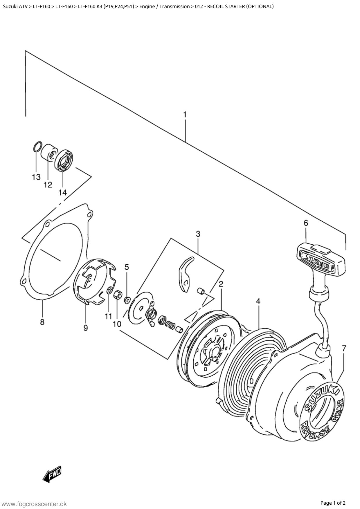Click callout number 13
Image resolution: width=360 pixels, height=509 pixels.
(36, 177)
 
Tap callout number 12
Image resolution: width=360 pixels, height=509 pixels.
(48, 185)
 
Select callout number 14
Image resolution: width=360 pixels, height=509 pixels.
(62, 192)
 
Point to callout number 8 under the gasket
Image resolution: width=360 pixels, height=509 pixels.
(42, 322)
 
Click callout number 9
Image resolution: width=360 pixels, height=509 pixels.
(86, 328)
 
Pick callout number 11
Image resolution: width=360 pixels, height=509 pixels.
(108, 316)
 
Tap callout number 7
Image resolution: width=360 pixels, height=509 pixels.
(344, 348)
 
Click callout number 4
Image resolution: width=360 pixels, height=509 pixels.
(258, 301)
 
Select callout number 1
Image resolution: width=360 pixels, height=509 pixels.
(185, 114)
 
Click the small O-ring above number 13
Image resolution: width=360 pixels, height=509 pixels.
(37, 147)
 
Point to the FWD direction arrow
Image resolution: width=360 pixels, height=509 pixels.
(53, 474)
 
